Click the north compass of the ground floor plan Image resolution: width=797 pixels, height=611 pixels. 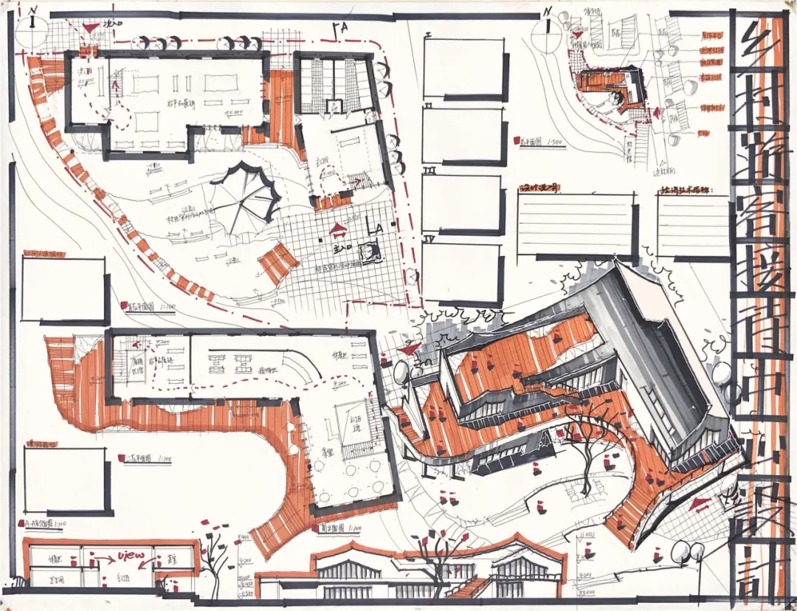(x=34, y=31)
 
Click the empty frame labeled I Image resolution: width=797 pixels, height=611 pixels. (x=464, y=68)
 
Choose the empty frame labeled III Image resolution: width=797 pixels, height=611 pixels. (x=463, y=203)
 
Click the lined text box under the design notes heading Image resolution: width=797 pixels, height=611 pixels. (x=576, y=224)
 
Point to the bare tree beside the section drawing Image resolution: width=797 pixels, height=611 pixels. (x=214, y=553)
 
